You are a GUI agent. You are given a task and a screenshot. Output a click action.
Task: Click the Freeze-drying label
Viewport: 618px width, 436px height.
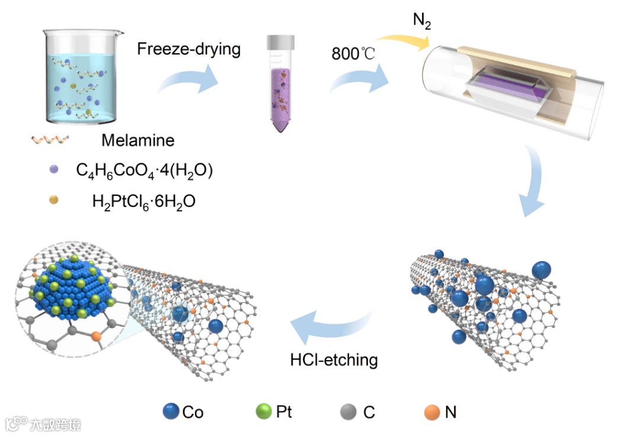188,48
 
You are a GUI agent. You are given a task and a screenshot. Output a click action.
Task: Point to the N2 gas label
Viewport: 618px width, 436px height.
421,22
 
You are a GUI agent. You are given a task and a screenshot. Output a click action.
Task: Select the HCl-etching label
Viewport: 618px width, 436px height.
334,358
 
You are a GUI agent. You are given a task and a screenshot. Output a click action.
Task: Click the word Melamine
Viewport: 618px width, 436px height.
138,140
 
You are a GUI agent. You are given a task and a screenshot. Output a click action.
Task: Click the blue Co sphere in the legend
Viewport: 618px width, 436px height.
171,411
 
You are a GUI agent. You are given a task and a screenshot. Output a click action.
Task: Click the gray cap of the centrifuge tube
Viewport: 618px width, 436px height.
280,42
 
